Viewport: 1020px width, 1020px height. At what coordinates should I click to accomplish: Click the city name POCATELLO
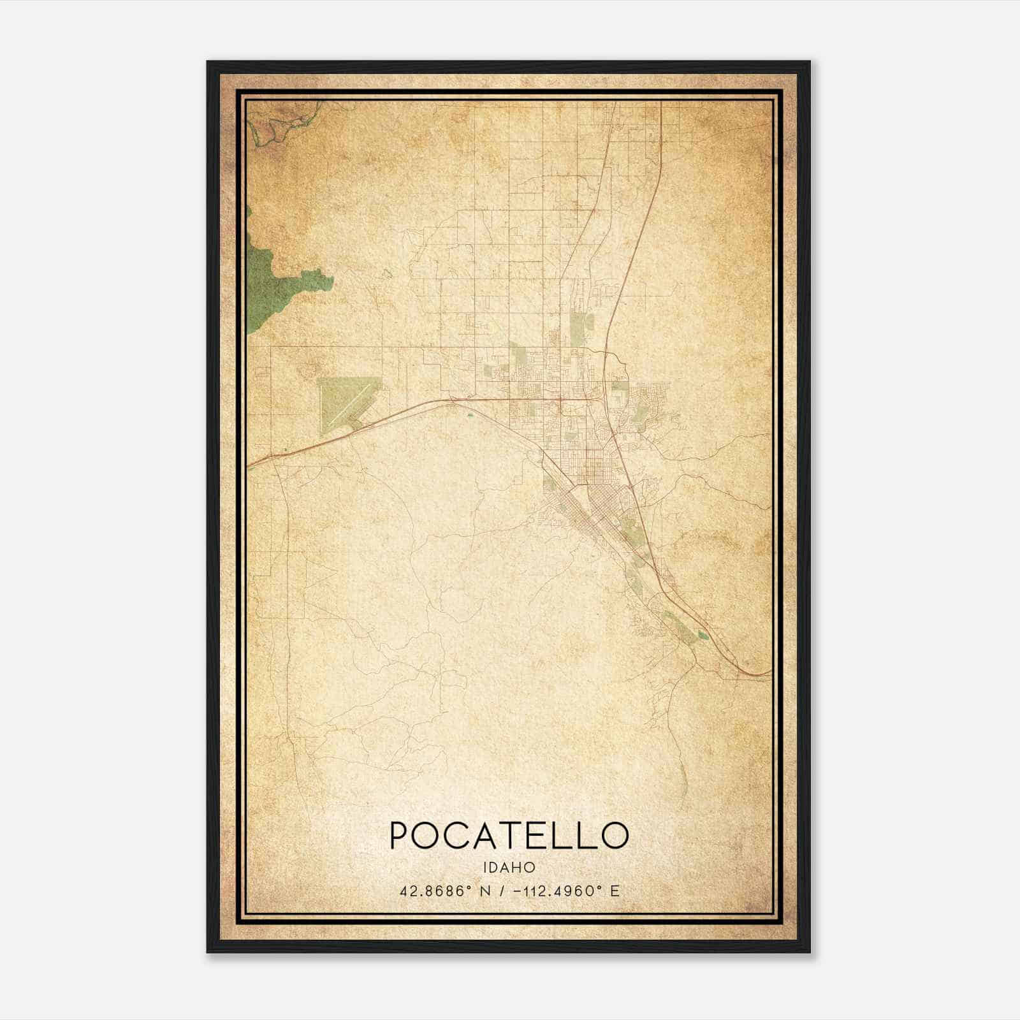click(x=509, y=835)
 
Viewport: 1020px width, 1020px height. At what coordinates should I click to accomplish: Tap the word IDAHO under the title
click(x=509, y=868)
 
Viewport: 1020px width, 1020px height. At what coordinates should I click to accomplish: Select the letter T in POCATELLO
click(x=509, y=835)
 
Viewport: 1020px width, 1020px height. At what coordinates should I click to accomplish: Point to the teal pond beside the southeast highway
click(x=703, y=635)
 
